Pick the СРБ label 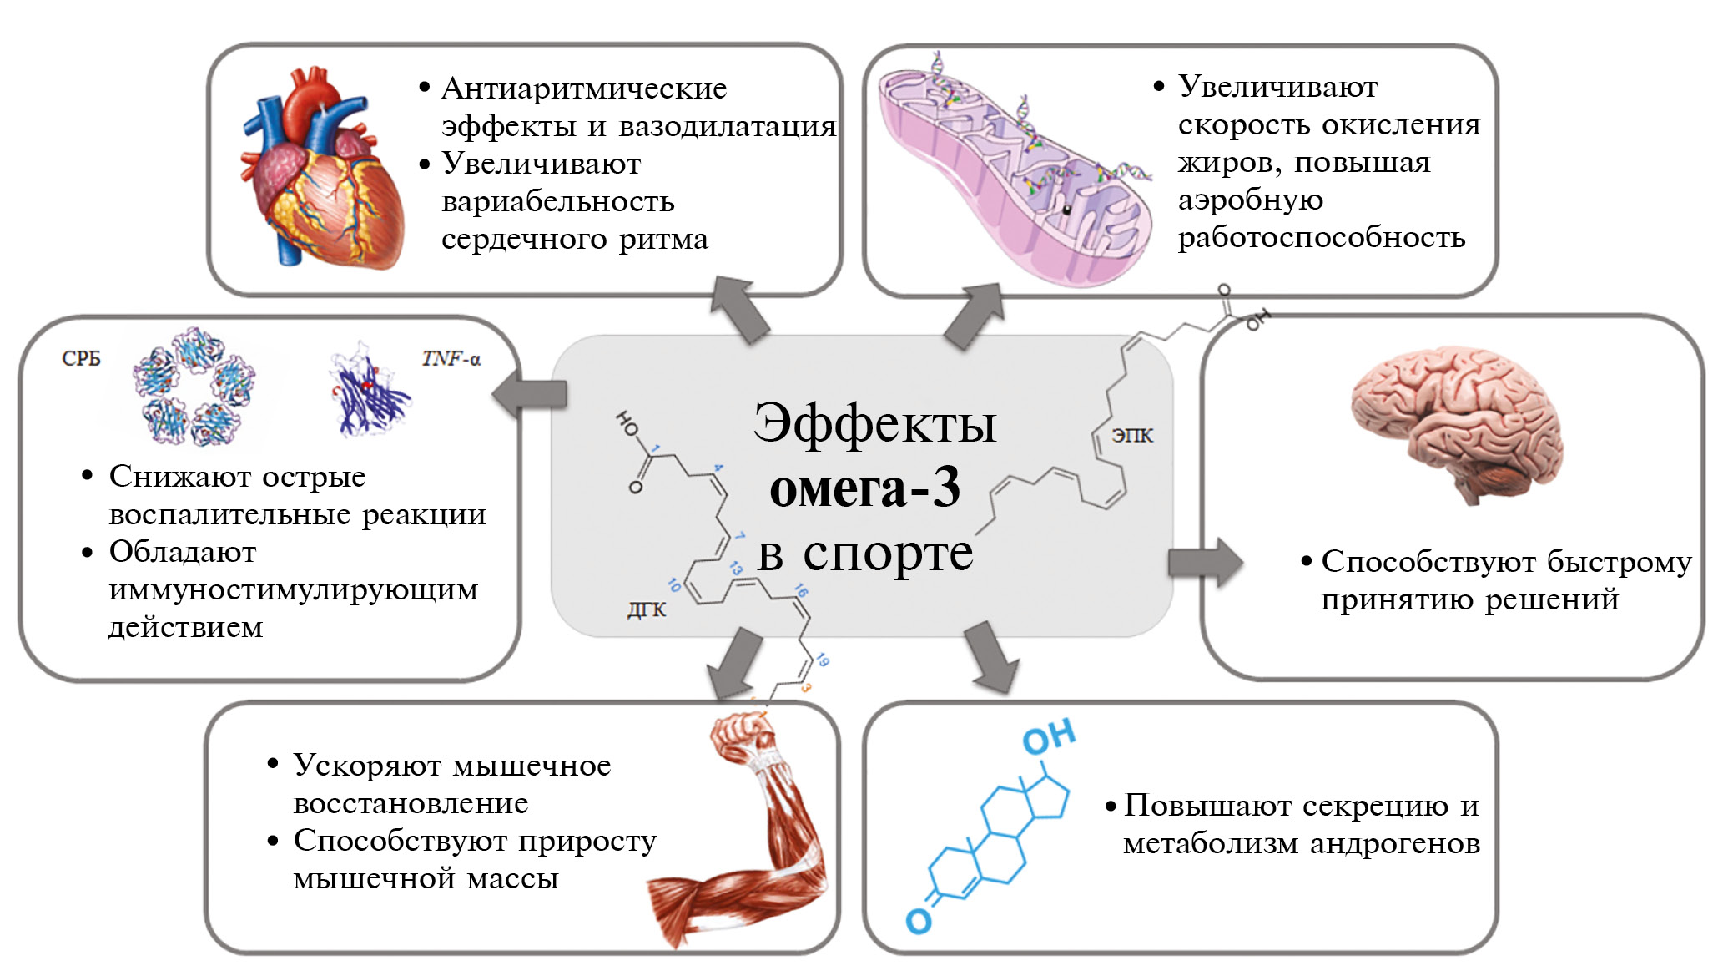tap(81, 358)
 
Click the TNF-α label tap(451, 359)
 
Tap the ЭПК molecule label tap(1132, 435)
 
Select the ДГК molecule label tap(647, 609)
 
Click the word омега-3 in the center tap(864, 488)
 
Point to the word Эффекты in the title tap(874, 424)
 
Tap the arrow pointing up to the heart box tap(738, 311)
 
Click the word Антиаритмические tap(584, 89)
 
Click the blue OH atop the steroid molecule tap(1049, 736)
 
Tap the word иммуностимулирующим tap(294, 590)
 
